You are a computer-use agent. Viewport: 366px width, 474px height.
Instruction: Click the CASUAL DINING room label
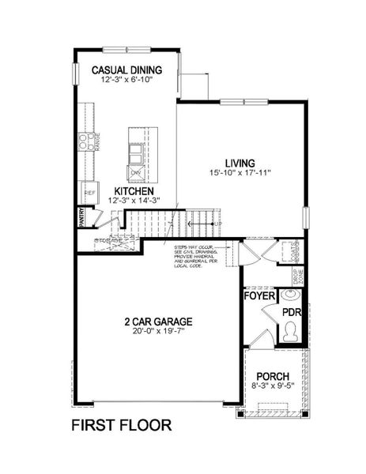point(127,69)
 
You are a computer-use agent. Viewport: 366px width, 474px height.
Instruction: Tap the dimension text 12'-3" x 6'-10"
point(127,80)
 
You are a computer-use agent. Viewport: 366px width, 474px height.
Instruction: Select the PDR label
point(292,312)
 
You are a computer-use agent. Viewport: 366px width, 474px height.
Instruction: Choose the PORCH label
point(274,377)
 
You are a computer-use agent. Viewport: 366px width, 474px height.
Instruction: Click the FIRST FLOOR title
point(121,425)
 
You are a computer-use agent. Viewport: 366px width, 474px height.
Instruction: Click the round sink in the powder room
point(292,297)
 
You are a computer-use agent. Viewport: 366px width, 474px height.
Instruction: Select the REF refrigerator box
point(89,193)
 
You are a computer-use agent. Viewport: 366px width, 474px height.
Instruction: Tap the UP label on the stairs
point(215,224)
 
